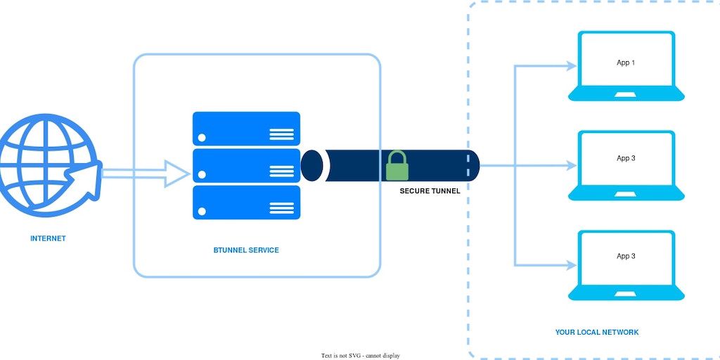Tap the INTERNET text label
(x=48, y=238)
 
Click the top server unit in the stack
(x=246, y=129)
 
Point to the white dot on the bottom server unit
(x=202, y=211)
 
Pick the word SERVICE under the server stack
(x=264, y=250)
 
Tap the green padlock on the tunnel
(x=397, y=166)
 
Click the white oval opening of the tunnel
(x=311, y=166)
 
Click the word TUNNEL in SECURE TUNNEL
(x=446, y=191)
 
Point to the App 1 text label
(x=626, y=63)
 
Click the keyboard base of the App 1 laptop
(x=626, y=94)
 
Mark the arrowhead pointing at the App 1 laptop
(x=570, y=66)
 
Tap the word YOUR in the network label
(x=565, y=332)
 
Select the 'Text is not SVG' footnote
(x=361, y=356)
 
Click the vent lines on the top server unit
(x=282, y=134)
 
